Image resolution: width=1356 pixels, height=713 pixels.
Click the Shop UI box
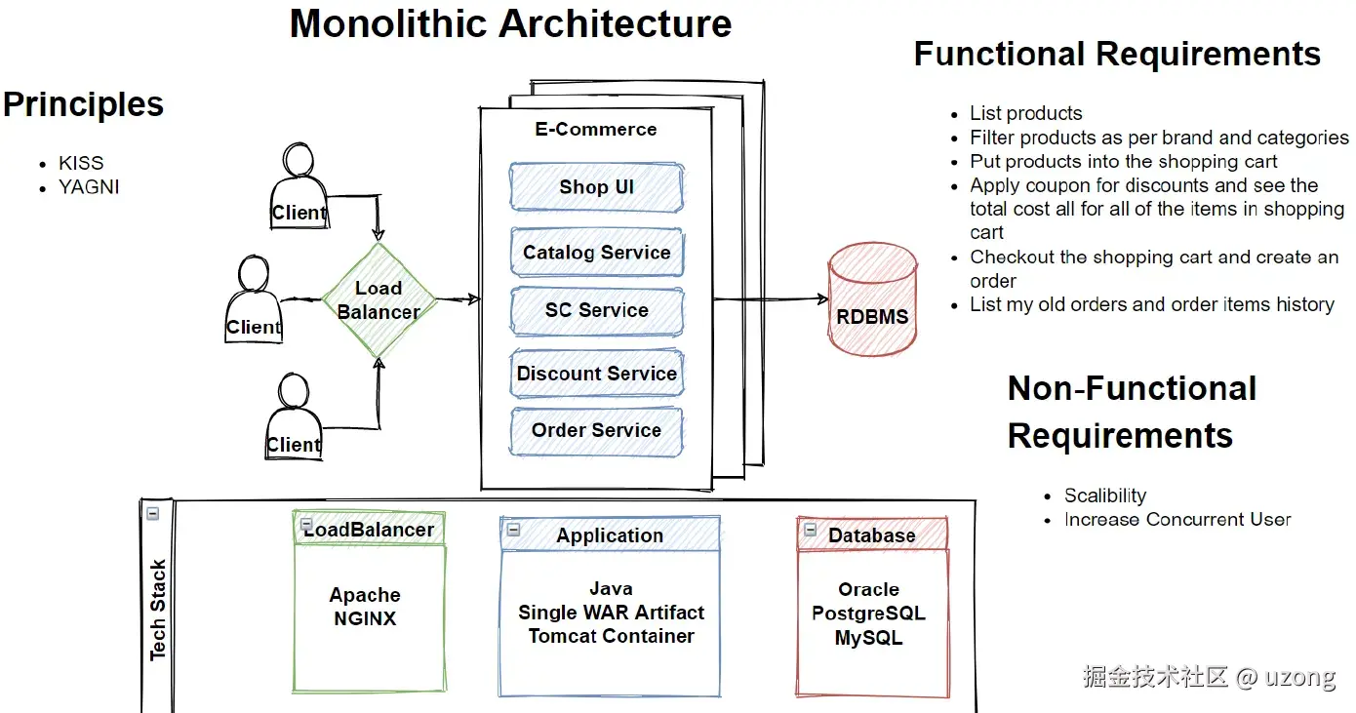pyautogui.click(x=596, y=187)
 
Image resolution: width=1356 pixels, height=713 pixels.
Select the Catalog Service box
pyautogui.click(x=596, y=253)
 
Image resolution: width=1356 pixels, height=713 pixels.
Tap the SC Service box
pyautogui.click(x=596, y=310)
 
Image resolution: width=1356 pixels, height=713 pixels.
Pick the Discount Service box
pyautogui.click(x=596, y=374)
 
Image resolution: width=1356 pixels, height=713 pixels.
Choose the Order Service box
pyautogui.click(x=596, y=430)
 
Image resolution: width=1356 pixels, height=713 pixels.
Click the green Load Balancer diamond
pyautogui.click(x=379, y=300)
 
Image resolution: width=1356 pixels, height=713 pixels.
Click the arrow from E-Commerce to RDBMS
pyautogui.click(x=771, y=299)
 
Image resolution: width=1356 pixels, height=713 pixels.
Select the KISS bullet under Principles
pyautogui.click(x=81, y=163)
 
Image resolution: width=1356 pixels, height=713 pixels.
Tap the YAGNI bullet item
pyautogui.click(x=89, y=186)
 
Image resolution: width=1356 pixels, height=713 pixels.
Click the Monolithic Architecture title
pyautogui.click(x=510, y=23)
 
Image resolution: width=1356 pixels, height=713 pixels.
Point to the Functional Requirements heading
pyautogui.click(x=1117, y=54)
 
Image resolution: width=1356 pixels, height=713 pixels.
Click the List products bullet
pyautogui.click(x=1025, y=113)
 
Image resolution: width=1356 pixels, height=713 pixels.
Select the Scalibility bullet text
pyautogui.click(x=1104, y=495)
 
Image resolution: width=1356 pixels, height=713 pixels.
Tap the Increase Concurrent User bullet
pyautogui.click(x=1177, y=519)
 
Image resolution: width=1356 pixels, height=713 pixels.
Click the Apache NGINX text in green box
pyautogui.click(x=365, y=607)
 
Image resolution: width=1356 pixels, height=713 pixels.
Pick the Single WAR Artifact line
pyautogui.click(x=611, y=613)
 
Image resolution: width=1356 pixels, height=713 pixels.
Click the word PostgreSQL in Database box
pyautogui.click(x=868, y=614)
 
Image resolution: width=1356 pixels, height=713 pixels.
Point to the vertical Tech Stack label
pyautogui.click(x=158, y=610)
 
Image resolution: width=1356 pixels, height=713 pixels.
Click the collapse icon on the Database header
pyautogui.click(x=809, y=531)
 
